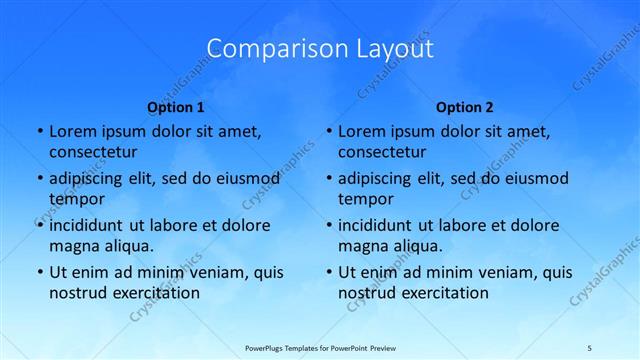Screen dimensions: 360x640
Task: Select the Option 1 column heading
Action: click(x=176, y=107)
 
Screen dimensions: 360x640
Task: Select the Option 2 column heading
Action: click(x=465, y=107)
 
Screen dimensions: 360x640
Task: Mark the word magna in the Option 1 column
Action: click(x=72, y=246)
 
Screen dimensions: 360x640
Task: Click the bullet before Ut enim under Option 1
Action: click(x=39, y=272)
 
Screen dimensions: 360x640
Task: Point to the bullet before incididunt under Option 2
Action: click(x=328, y=225)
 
